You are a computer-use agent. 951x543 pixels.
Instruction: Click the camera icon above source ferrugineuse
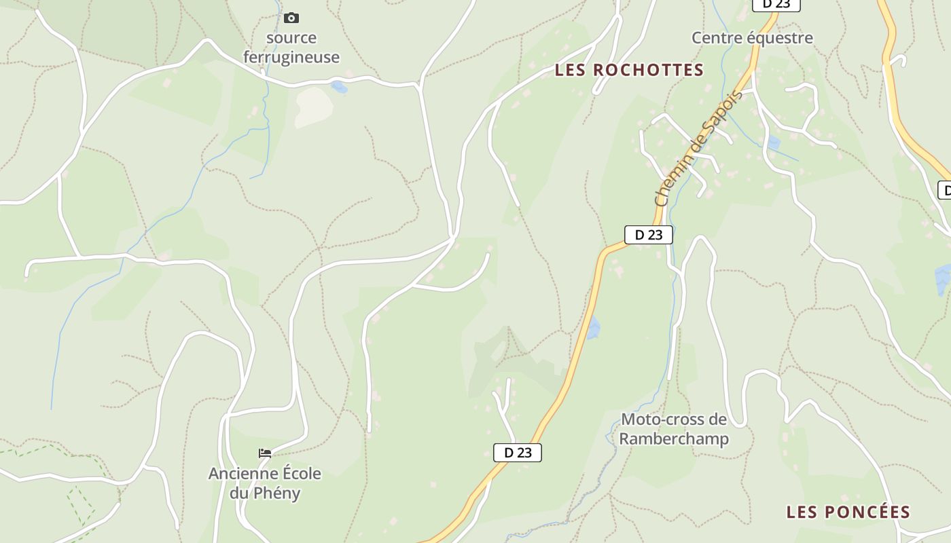coord(291,18)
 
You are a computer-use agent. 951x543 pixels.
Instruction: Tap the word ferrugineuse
coord(291,57)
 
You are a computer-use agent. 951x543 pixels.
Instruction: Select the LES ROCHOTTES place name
coord(629,70)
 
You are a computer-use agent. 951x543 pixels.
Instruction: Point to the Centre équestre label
coord(752,38)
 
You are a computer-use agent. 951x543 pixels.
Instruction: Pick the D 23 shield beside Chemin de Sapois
coord(648,235)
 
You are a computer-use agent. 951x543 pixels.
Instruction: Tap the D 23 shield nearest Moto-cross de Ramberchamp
coord(518,453)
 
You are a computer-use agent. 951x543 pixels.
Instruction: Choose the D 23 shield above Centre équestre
coord(776,4)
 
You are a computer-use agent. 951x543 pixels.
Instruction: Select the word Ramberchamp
coord(674,439)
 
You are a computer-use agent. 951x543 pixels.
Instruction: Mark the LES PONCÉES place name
coord(848,512)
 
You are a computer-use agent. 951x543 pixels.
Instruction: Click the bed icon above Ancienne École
coord(265,453)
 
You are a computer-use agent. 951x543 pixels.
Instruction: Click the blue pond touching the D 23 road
coord(593,328)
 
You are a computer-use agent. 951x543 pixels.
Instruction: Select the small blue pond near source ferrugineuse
coord(338,86)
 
